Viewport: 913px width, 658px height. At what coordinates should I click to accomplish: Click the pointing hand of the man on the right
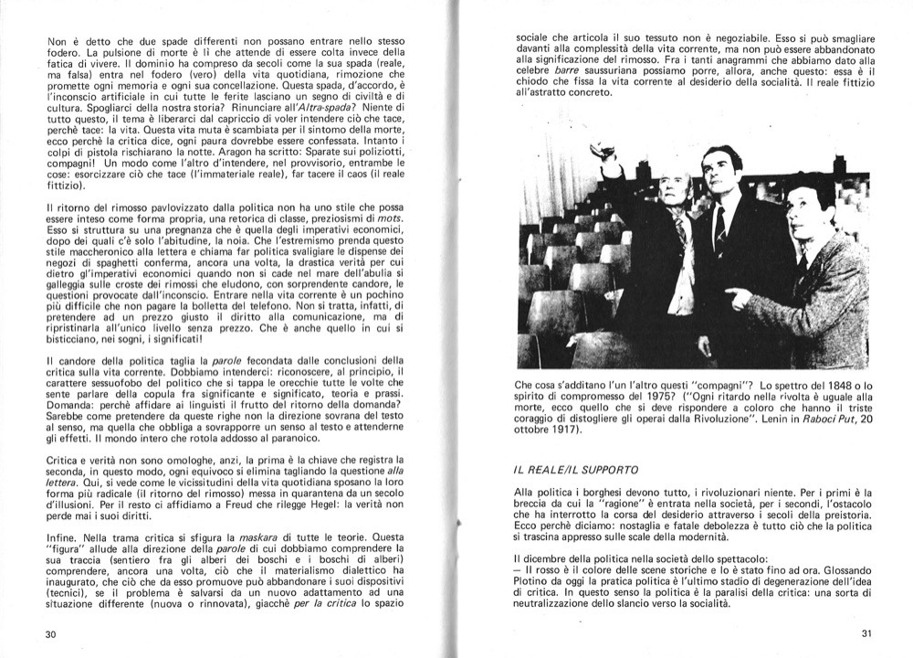point(735,295)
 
